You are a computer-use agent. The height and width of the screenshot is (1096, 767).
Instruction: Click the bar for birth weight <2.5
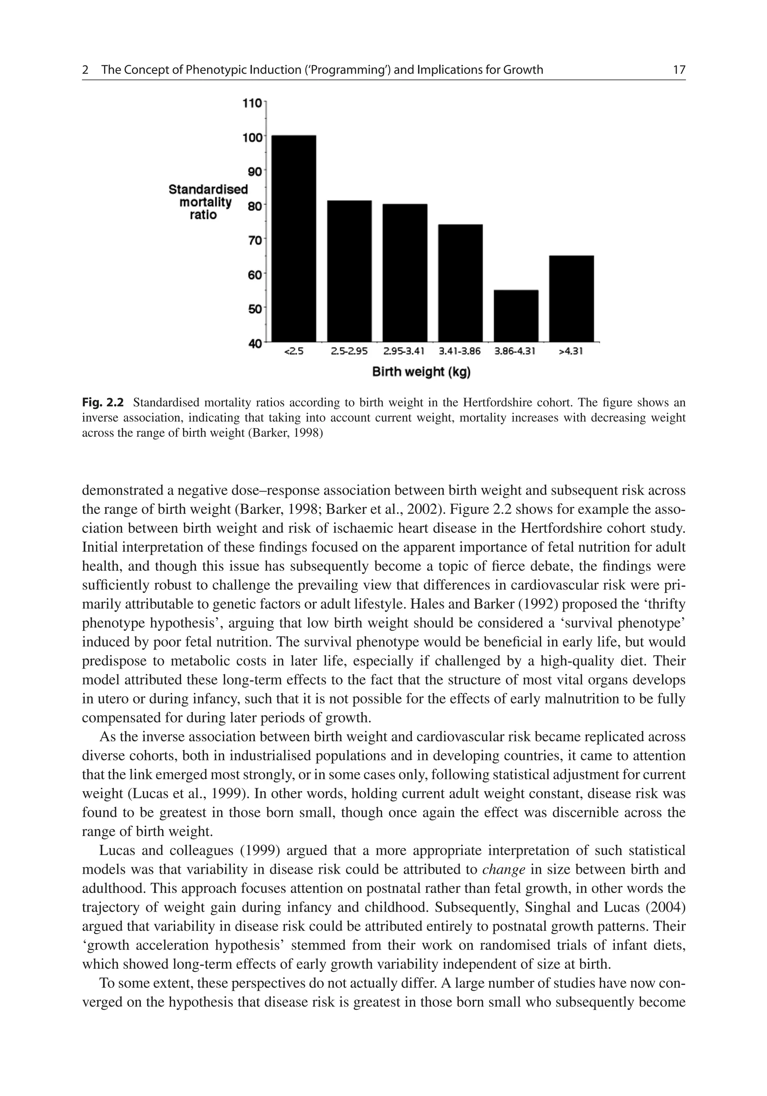[x=294, y=238]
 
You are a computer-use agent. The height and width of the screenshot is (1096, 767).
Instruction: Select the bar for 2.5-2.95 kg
[x=349, y=271]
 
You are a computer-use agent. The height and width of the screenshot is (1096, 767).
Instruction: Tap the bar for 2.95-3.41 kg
[x=405, y=273]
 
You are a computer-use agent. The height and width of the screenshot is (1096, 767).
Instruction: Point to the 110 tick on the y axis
[x=252, y=103]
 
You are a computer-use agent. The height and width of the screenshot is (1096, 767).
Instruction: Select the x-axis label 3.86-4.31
[x=515, y=352]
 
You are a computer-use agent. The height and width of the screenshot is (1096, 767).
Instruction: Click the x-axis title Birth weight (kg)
[x=421, y=372]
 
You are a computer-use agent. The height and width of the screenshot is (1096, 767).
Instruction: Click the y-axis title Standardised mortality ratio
[x=208, y=202]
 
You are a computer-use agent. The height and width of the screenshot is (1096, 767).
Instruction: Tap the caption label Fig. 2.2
[x=103, y=402]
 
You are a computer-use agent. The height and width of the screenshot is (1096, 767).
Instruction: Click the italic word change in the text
[x=504, y=869]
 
